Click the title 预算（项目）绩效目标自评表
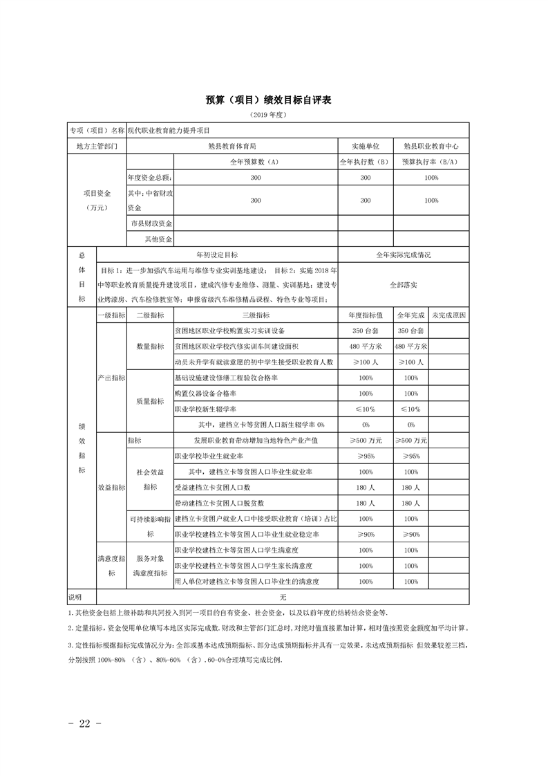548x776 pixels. [x=269, y=100]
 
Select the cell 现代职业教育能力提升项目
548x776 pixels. [x=169, y=131]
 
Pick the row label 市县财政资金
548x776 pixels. [x=151, y=223]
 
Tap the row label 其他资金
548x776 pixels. [x=158, y=239]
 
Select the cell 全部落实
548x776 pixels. [x=404, y=284]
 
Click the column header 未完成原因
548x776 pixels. [x=448, y=315]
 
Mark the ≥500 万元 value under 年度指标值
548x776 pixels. [x=366, y=441]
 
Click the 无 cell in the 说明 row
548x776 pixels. [x=283, y=597]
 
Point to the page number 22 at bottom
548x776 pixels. [x=86, y=724]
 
